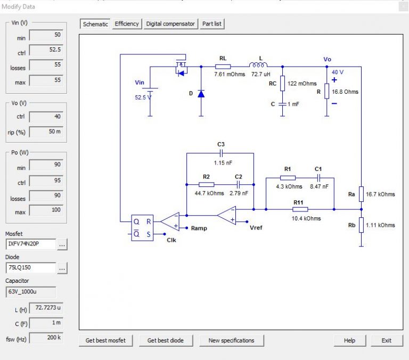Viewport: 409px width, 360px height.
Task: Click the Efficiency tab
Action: click(x=127, y=24)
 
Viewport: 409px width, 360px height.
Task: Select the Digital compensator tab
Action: click(x=170, y=24)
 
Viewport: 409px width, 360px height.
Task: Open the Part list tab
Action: click(x=212, y=24)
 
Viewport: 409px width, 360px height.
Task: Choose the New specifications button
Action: click(x=231, y=340)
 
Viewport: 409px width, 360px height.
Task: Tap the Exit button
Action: click(x=386, y=340)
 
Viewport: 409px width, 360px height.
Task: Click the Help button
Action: click(x=349, y=340)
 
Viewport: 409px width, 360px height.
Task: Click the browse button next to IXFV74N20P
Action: click(x=62, y=244)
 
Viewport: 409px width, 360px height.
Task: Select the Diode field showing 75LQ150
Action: click(x=31, y=268)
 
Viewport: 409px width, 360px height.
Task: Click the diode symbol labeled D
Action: click(x=201, y=94)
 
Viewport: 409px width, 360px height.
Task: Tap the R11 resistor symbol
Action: click(x=300, y=209)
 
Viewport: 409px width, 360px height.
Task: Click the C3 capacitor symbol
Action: click(x=220, y=153)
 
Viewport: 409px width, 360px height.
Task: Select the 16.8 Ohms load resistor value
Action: click(x=345, y=92)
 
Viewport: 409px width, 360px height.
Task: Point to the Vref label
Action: click(x=256, y=228)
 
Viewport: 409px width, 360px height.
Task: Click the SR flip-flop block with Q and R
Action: click(x=142, y=227)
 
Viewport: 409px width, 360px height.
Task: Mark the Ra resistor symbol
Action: click(x=361, y=194)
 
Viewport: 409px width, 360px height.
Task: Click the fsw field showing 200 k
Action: click(x=46, y=338)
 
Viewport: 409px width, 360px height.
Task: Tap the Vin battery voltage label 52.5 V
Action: click(x=143, y=97)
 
